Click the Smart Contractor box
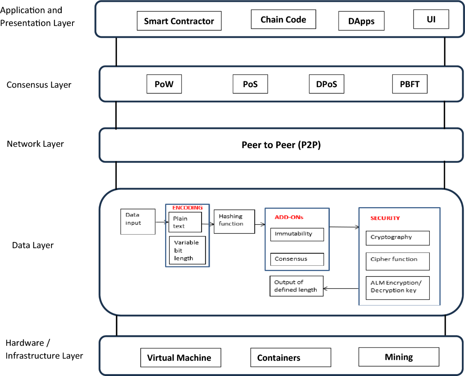pyautogui.click(x=179, y=21)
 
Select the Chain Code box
pyautogui.click(x=283, y=19)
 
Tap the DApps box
pyautogui.click(x=361, y=21)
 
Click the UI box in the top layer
pyautogui.click(x=431, y=19)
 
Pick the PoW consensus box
pyautogui.click(x=164, y=84)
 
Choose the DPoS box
pyautogui.click(x=326, y=84)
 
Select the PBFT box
pyautogui.click(x=410, y=84)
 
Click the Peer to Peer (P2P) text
pyautogui.click(x=281, y=145)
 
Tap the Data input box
pyautogui.click(x=138, y=221)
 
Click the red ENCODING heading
pyautogui.click(x=188, y=208)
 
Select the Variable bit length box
pyautogui.click(x=188, y=250)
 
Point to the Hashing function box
pyautogui.click(x=234, y=221)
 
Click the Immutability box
pyautogui.click(x=297, y=235)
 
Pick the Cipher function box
pyautogui.click(x=398, y=261)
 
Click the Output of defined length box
pyautogui.click(x=296, y=286)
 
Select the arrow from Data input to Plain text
pyautogui.click(x=162, y=222)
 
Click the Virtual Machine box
pyautogui.click(x=179, y=357)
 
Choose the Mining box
pyautogui.click(x=399, y=357)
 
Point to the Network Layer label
pyautogui.click(x=35, y=144)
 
